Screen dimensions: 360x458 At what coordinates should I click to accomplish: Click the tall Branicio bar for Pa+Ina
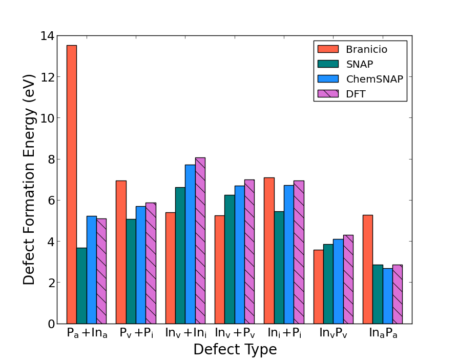(72, 185)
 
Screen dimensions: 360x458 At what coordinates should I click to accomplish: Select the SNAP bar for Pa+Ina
(81, 286)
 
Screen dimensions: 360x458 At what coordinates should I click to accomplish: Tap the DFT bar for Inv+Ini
(200, 241)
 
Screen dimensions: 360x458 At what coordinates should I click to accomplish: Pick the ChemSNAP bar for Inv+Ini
(190, 244)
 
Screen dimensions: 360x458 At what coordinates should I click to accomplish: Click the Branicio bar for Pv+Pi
(121, 252)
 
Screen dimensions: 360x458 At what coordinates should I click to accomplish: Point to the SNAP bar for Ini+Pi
(279, 267)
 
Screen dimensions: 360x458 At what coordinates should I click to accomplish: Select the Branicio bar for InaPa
(367, 269)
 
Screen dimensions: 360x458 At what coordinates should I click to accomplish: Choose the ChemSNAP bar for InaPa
(387, 296)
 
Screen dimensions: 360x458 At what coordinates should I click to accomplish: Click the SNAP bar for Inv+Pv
(230, 259)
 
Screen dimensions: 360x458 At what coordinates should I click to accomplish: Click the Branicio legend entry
(366, 50)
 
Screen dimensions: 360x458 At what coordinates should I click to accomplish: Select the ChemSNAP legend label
(374, 79)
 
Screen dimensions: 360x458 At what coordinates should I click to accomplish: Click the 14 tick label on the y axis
(47, 36)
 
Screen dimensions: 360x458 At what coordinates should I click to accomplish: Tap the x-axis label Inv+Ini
(185, 333)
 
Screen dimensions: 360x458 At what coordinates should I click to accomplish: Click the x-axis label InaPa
(383, 333)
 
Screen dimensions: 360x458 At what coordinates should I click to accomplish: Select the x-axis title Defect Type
(235, 350)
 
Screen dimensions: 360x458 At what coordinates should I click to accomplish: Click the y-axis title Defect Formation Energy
(30, 179)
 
